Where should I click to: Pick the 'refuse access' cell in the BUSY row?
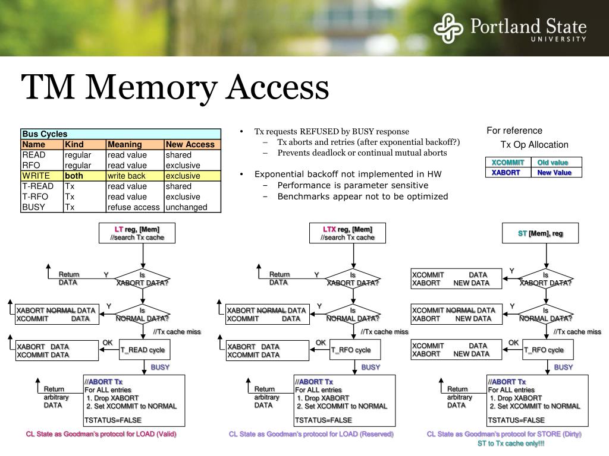tap(134, 207)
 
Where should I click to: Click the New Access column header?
tap(191, 144)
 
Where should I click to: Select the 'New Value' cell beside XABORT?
tap(554, 173)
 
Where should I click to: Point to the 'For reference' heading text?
tap(514, 131)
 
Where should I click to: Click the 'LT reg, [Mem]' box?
tap(137, 233)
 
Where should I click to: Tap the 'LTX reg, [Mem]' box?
tap(347, 233)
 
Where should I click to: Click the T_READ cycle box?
tap(143, 350)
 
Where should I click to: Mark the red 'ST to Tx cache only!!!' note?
tap(511, 444)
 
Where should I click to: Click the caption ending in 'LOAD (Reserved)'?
tap(311, 434)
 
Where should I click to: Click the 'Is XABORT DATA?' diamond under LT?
tap(142, 278)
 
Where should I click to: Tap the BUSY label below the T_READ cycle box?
tap(160, 367)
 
